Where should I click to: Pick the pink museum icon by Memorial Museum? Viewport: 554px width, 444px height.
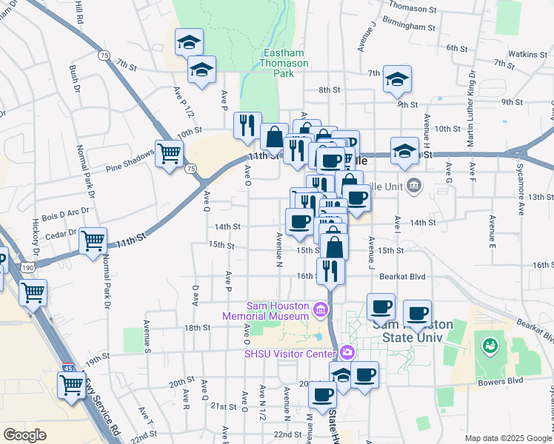click(x=321, y=309)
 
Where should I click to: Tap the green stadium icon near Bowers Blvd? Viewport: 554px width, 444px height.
click(x=489, y=345)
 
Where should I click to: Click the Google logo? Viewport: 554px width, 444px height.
click(x=24, y=435)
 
